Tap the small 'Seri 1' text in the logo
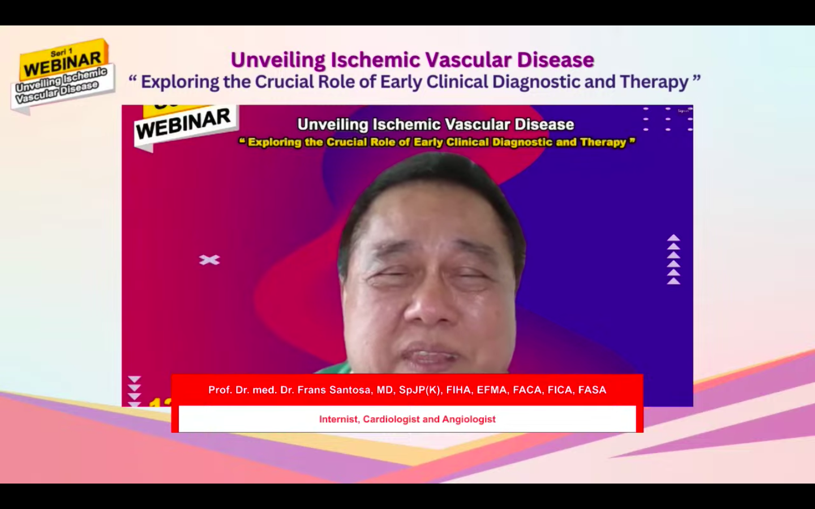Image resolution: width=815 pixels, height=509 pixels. pos(62,52)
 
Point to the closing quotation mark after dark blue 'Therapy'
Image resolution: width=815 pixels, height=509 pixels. pos(696,79)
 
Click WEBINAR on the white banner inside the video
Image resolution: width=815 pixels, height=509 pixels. pos(183,123)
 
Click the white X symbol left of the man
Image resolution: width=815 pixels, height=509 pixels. pos(209,260)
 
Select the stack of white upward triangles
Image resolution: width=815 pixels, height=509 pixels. pos(673,260)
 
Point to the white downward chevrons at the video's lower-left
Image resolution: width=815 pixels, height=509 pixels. pos(134,390)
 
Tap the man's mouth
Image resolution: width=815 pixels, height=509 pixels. pos(430,356)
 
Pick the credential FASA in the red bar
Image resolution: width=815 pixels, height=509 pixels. pos(592,390)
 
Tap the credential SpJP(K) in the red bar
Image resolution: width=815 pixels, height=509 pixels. pos(420,390)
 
